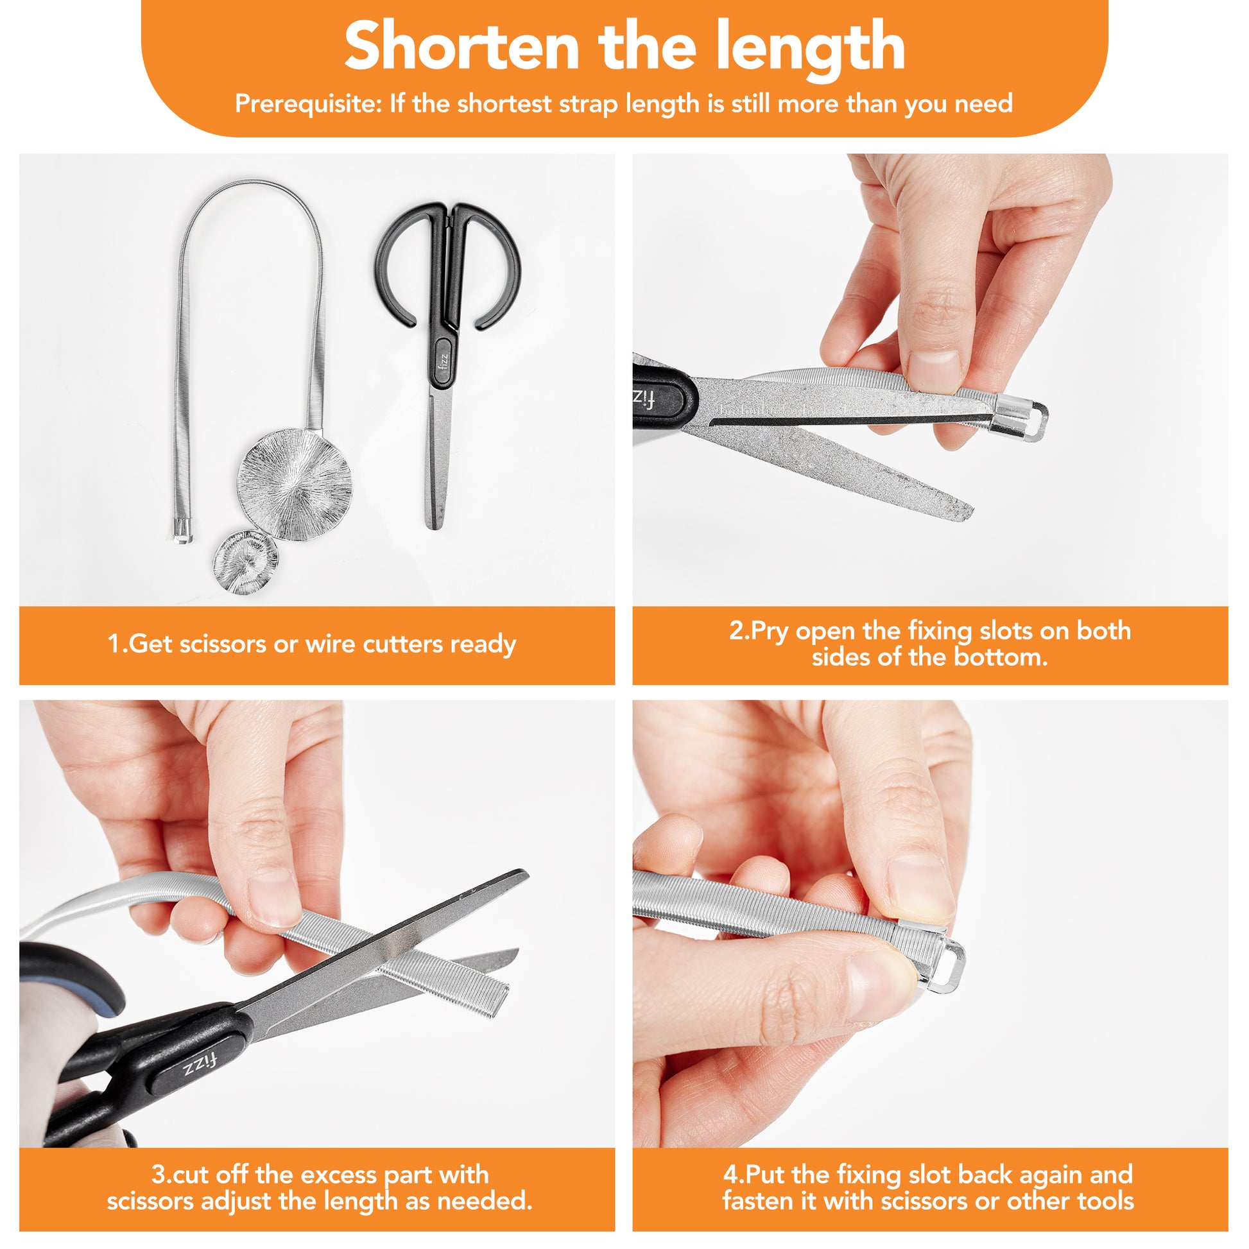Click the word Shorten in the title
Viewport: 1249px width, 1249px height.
pos(461,47)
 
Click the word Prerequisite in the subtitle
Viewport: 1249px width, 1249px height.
pos(309,104)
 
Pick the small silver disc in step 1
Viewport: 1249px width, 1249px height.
pos(246,558)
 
